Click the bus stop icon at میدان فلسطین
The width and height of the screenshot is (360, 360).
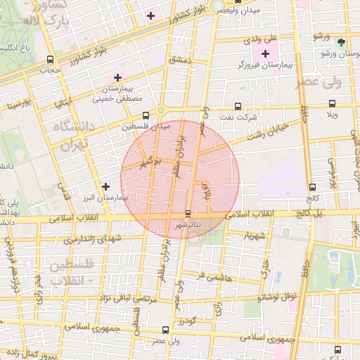pos(146,115)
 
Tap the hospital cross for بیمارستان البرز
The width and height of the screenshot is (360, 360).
pos(105,186)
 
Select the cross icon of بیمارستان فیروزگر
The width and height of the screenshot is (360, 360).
pos(265,54)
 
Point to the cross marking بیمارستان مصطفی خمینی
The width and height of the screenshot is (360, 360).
pos(117,77)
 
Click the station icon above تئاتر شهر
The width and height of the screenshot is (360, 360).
pos(188,213)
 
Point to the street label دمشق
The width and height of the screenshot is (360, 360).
pos(180,61)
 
